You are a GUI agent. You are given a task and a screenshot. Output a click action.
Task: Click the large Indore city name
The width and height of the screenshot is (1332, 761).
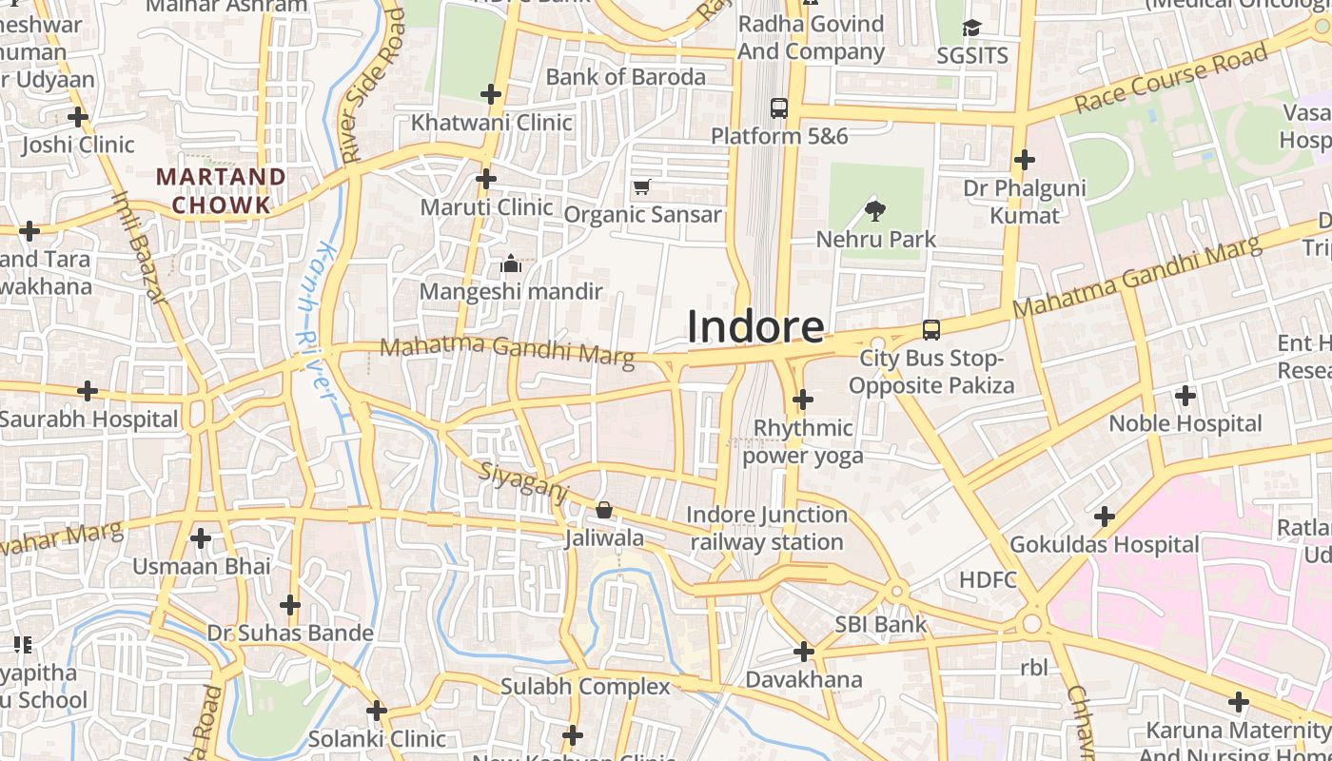pos(755,326)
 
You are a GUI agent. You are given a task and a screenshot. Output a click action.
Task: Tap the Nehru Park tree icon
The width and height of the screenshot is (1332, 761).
pos(874,210)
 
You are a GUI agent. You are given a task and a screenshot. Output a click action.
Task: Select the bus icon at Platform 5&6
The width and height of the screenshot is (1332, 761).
pos(779,108)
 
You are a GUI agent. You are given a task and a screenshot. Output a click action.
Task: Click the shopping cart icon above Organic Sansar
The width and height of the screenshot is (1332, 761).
pos(642,186)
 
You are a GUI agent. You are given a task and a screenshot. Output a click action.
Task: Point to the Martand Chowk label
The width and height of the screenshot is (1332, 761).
pos(221,190)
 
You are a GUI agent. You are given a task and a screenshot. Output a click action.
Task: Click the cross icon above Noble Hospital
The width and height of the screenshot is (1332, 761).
pos(1185,395)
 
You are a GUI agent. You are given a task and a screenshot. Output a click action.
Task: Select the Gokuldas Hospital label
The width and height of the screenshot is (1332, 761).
pos(1104,545)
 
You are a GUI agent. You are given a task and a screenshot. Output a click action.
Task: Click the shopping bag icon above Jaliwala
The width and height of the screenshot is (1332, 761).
pos(603,511)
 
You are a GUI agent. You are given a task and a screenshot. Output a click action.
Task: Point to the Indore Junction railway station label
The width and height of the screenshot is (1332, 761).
pos(766,528)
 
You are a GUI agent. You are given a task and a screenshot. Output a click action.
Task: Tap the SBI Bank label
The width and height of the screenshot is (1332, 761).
pos(881,625)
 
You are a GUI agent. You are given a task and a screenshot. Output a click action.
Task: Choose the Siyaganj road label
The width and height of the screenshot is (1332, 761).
pos(522,482)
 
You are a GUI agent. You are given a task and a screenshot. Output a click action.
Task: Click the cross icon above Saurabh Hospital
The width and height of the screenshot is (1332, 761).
pos(88,391)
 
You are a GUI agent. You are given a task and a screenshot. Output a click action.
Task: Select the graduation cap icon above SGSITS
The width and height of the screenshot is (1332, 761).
pos(971,29)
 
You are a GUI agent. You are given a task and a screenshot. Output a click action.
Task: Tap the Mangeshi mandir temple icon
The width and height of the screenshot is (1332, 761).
pos(511,263)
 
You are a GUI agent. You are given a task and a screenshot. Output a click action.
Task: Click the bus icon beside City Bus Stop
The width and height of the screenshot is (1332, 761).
pos(931,330)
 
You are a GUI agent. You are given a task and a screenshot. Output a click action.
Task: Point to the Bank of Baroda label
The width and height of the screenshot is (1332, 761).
pos(625,77)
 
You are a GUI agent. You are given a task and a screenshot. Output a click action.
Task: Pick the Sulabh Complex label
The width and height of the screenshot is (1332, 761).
pos(585,686)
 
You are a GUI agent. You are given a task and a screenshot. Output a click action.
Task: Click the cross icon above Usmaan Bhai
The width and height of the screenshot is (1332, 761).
pos(201,538)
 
